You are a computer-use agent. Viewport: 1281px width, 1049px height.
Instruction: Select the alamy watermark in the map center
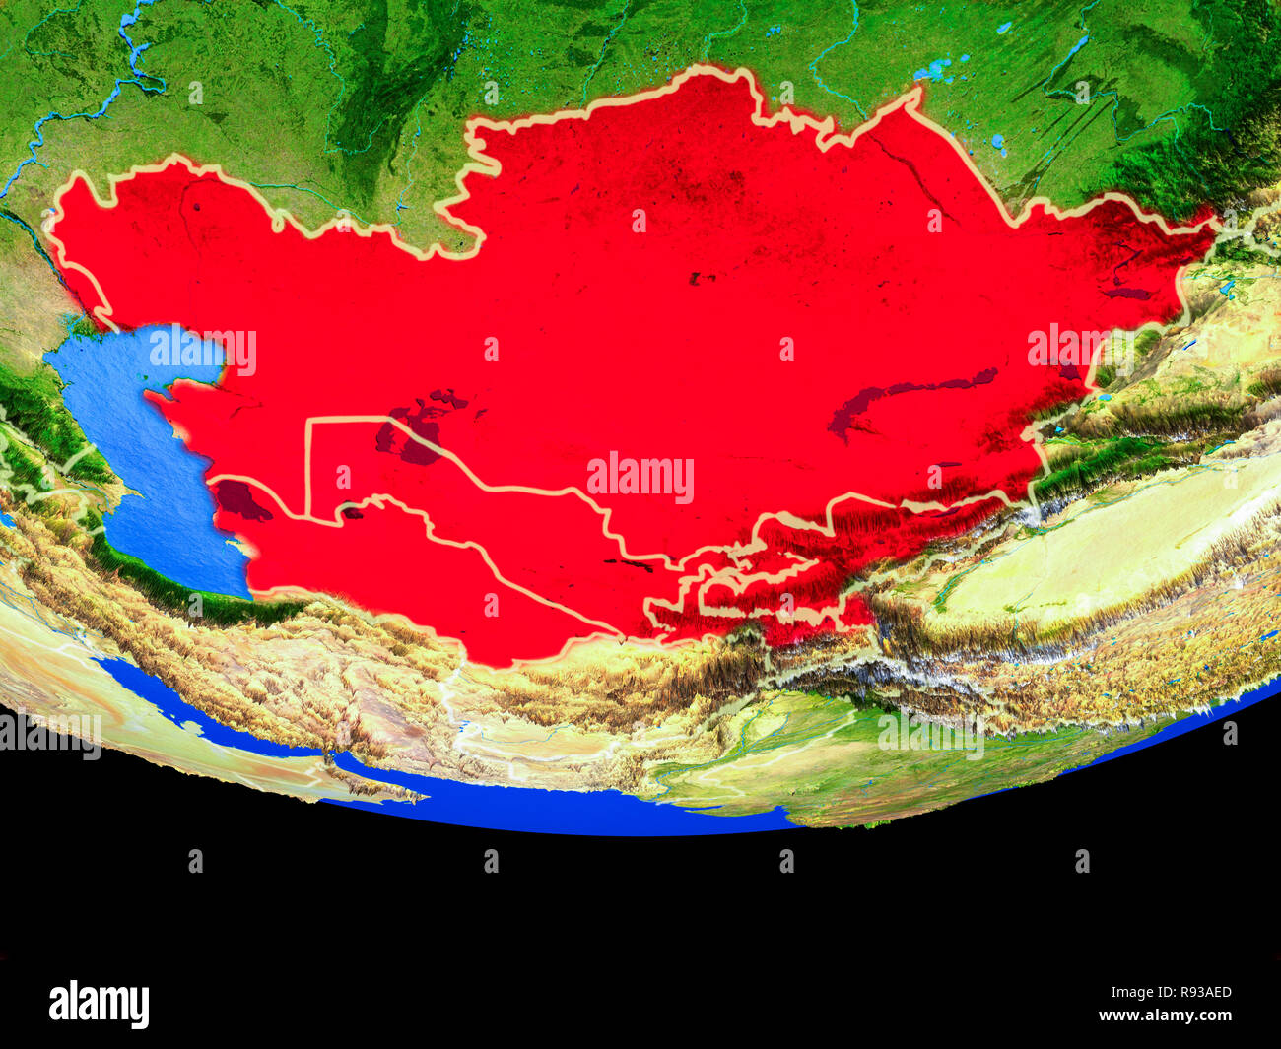(x=640, y=478)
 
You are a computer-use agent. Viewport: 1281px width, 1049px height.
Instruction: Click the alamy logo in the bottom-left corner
(x=99, y=1004)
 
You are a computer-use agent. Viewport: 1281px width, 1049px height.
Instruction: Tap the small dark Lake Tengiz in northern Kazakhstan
(x=703, y=279)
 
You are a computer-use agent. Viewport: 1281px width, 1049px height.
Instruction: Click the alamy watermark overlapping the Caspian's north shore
(x=203, y=351)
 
